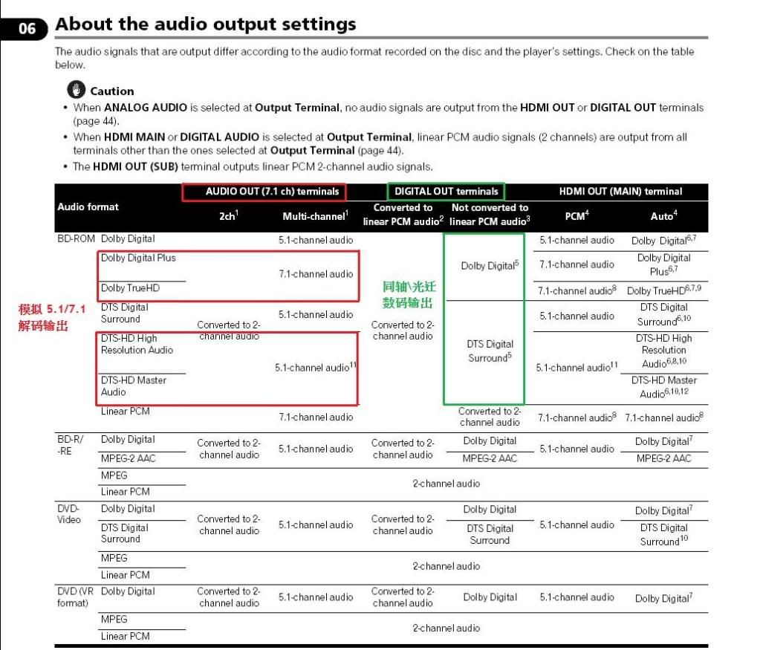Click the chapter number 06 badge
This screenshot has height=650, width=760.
(x=27, y=29)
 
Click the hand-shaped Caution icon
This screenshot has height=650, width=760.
(x=77, y=90)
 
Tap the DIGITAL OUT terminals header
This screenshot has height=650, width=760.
(x=446, y=192)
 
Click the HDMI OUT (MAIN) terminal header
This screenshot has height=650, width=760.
(x=620, y=192)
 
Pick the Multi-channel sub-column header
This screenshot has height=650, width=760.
(x=314, y=216)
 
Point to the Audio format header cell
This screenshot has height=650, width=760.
(x=88, y=207)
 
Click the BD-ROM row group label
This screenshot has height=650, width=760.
(x=76, y=239)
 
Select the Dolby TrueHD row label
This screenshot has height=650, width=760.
(x=130, y=288)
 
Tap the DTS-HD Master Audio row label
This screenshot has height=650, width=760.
(x=134, y=386)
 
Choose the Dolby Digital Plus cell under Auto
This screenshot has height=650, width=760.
(x=663, y=264)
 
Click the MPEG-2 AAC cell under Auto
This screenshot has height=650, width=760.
(x=663, y=459)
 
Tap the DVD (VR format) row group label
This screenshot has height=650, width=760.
(x=75, y=597)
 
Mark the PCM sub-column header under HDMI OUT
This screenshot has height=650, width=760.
(x=576, y=216)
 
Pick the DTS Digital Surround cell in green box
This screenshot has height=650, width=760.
(x=490, y=351)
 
